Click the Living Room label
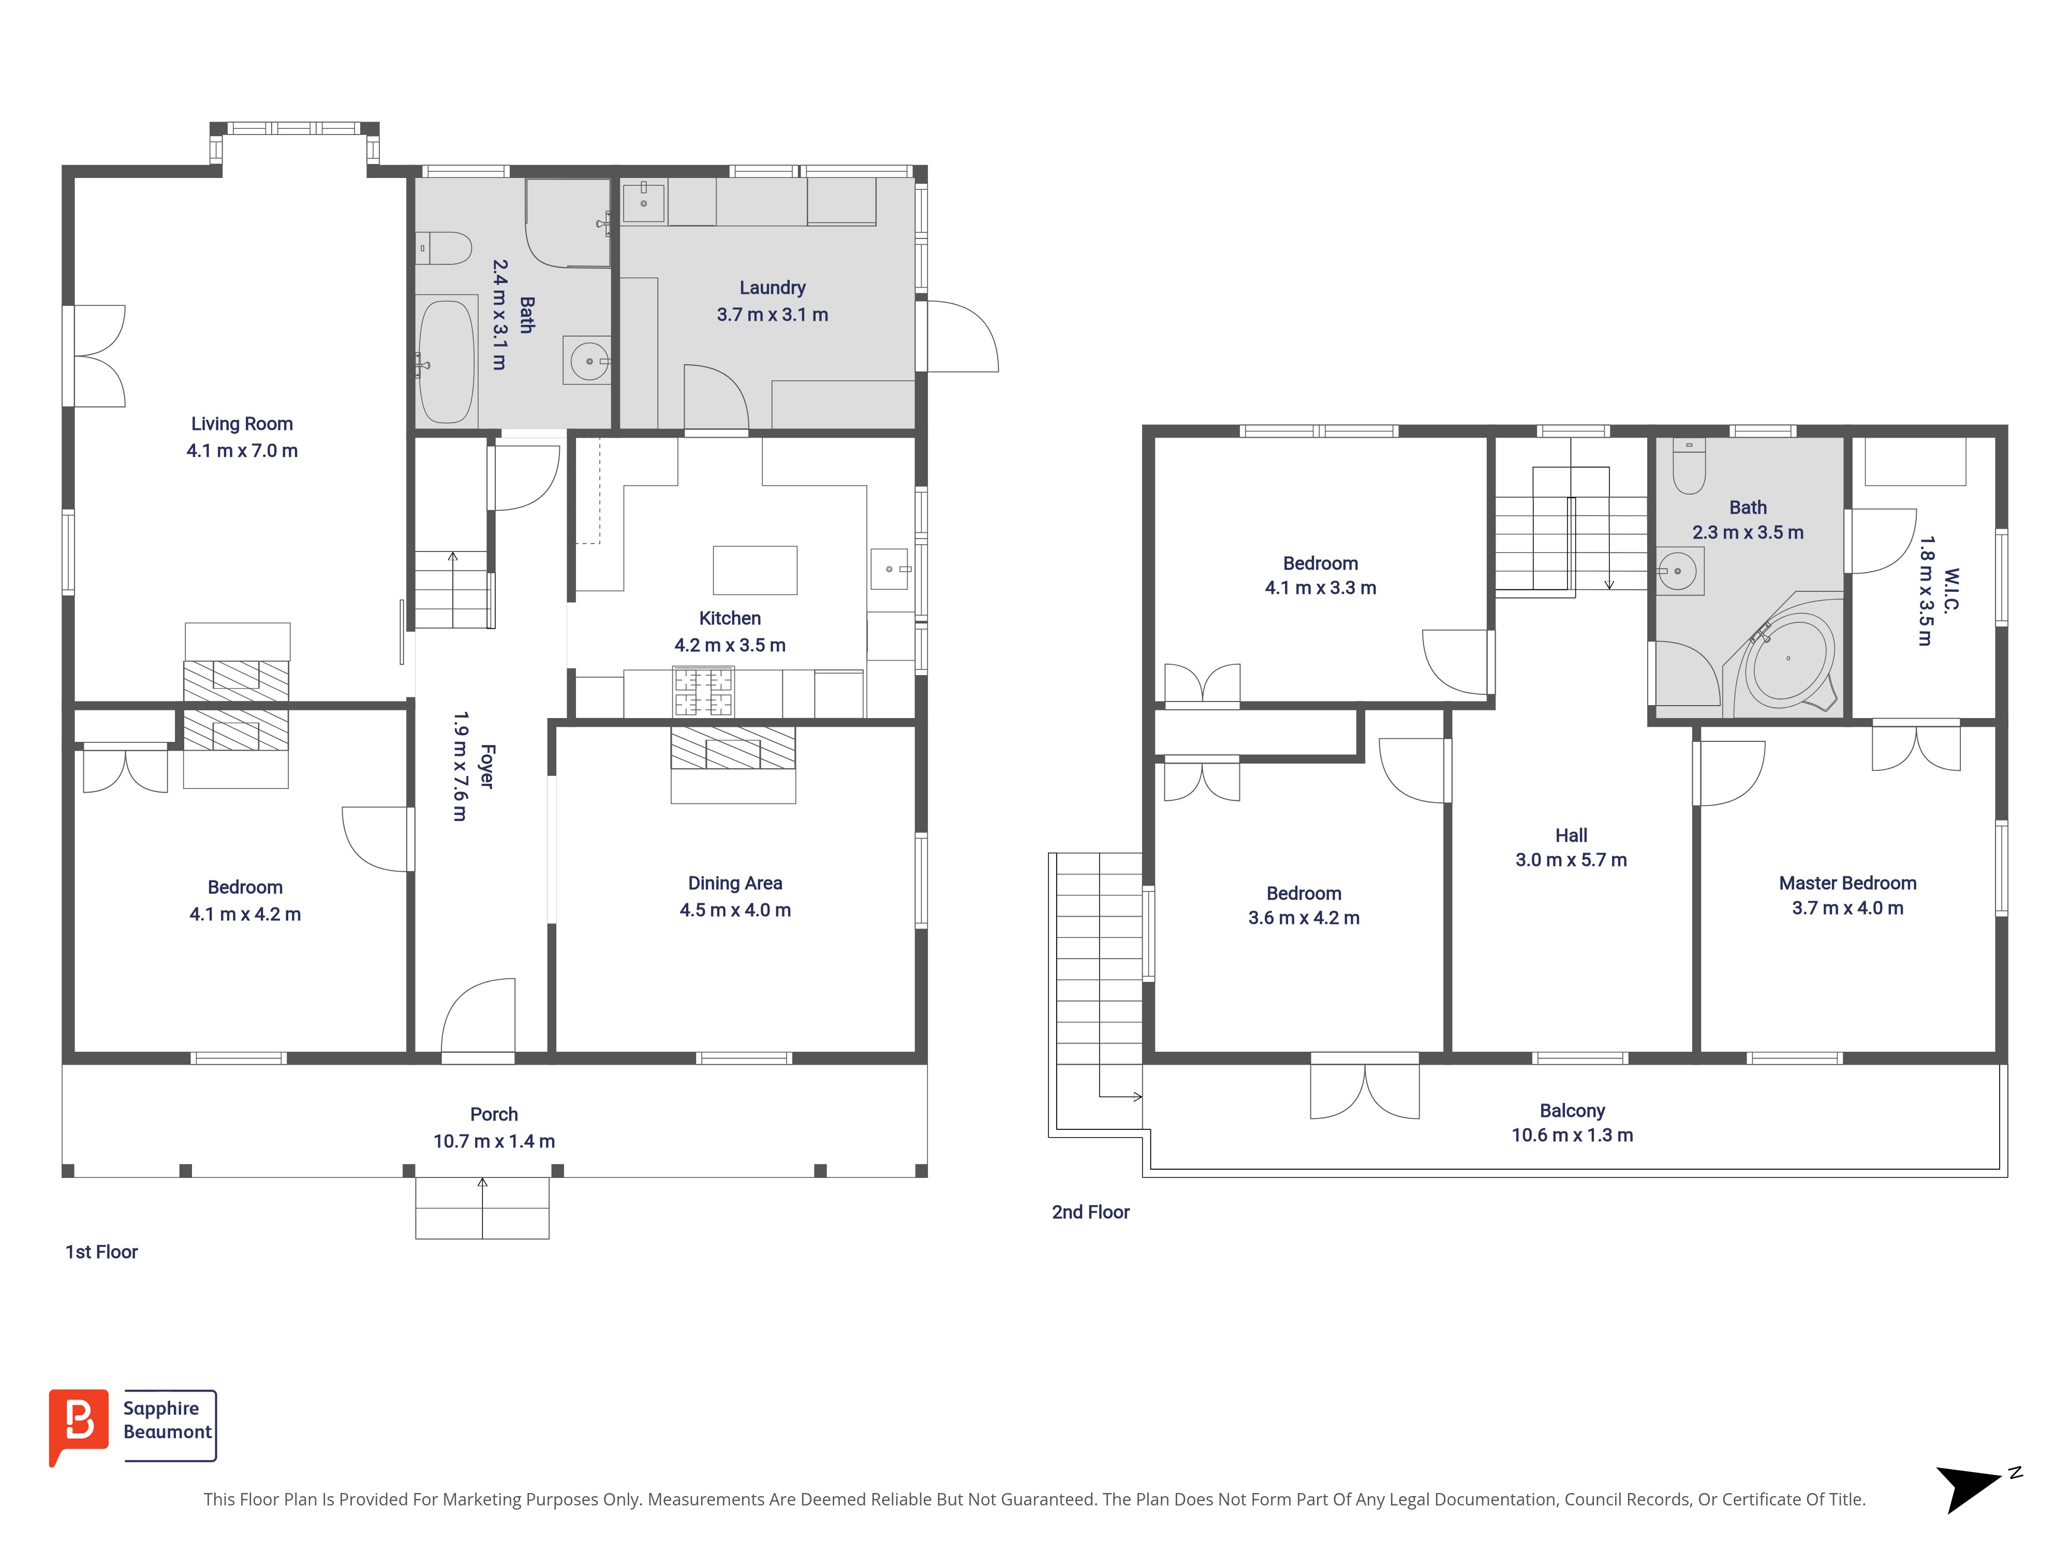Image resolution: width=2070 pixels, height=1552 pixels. pyautogui.click(x=242, y=424)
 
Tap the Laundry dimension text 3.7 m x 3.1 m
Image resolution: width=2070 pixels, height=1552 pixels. pyautogui.click(x=772, y=315)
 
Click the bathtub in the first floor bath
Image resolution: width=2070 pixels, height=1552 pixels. pyautogui.click(x=447, y=361)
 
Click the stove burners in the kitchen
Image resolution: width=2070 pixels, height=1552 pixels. pyautogui.click(x=704, y=691)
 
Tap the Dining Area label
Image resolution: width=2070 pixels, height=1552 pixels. pyautogui.click(x=735, y=883)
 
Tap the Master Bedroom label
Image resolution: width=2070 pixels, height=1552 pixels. pyautogui.click(x=1847, y=883)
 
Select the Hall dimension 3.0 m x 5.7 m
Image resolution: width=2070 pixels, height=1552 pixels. pyautogui.click(x=1571, y=860)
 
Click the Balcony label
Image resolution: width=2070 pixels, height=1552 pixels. pyautogui.click(x=1572, y=1110)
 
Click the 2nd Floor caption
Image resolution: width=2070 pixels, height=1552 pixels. pyautogui.click(x=1090, y=1213)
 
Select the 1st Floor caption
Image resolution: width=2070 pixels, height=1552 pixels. pyautogui.click(x=101, y=1252)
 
